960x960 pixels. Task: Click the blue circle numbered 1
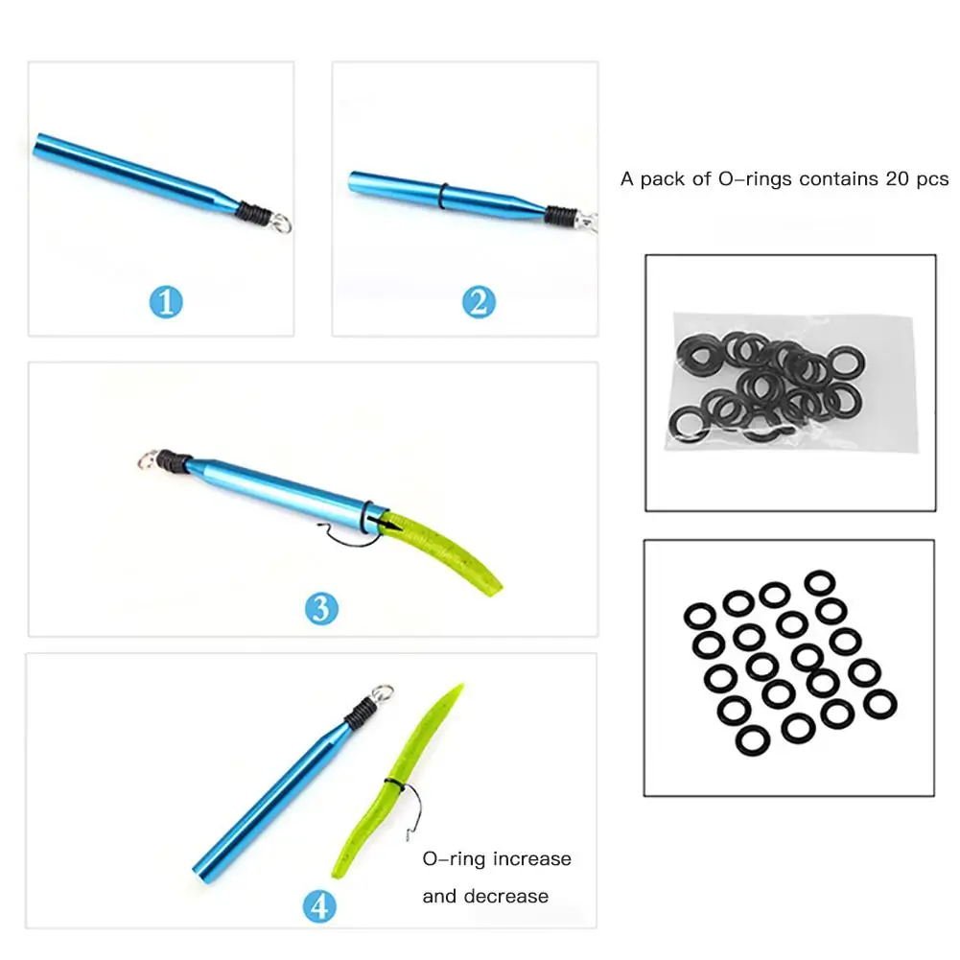166,303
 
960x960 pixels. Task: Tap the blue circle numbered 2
479,303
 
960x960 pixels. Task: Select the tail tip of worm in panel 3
499,587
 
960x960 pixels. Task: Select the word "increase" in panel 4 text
531,858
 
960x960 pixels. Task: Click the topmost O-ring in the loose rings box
818,582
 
